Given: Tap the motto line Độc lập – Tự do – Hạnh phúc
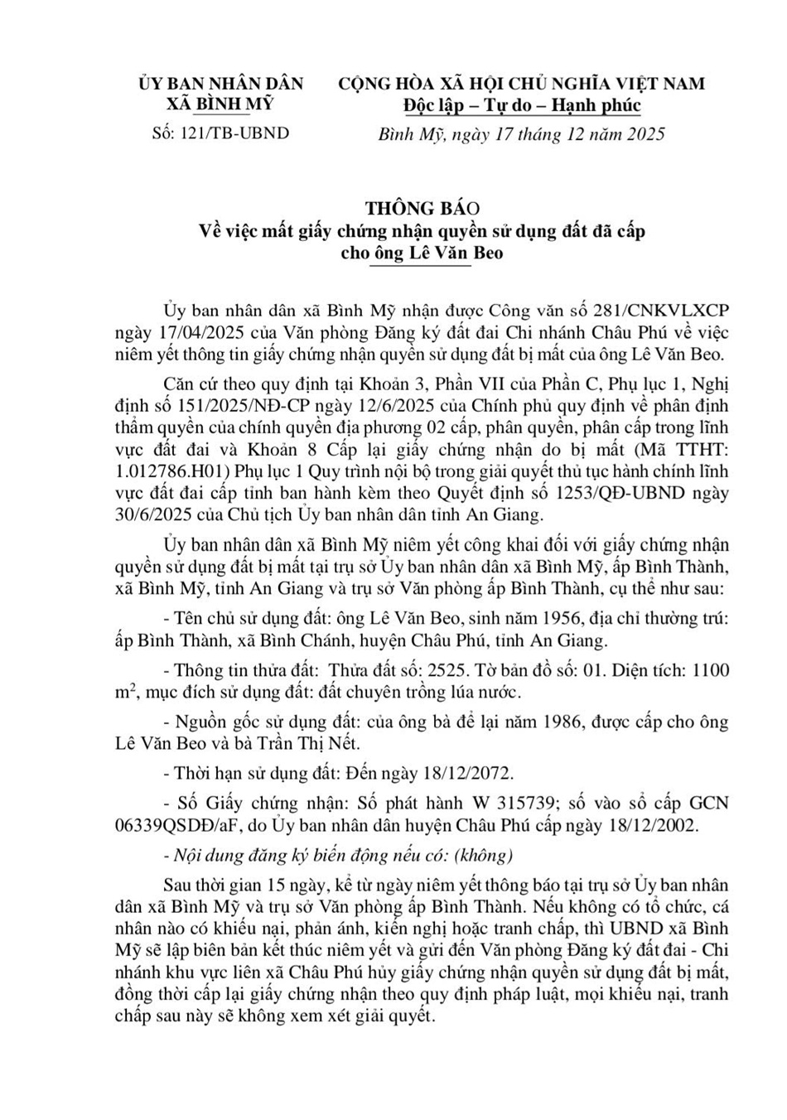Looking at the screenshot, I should point(522,106).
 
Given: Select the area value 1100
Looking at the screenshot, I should point(710,669).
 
